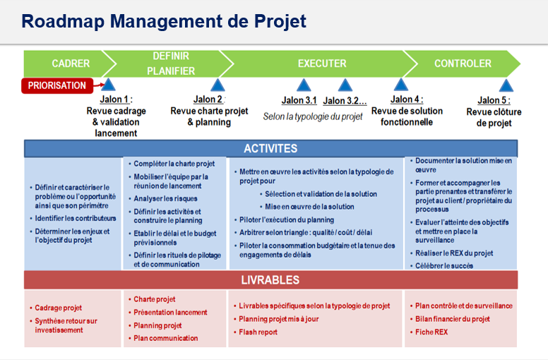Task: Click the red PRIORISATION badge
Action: (x=57, y=85)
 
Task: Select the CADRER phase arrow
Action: (x=69, y=64)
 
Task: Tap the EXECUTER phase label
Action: (x=322, y=64)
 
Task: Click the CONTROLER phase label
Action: (x=463, y=64)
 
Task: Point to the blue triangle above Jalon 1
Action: (x=108, y=85)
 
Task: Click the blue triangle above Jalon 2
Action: (x=218, y=85)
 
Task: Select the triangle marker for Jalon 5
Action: (x=506, y=85)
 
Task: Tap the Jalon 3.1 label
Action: (x=299, y=100)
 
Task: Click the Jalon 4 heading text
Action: (x=407, y=100)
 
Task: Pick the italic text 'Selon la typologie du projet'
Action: (x=313, y=116)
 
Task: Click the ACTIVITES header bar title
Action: (x=270, y=149)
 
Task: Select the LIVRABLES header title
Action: (x=270, y=280)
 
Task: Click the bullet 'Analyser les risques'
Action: (x=165, y=198)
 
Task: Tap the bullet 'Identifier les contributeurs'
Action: (x=76, y=219)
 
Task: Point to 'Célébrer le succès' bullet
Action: (x=444, y=265)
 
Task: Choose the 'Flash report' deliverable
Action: (x=258, y=332)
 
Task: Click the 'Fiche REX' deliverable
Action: (x=431, y=332)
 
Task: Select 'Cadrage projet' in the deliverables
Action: (x=59, y=308)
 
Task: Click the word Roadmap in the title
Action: (x=63, y=21)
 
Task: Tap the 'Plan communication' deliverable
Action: (x=166, y=338)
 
